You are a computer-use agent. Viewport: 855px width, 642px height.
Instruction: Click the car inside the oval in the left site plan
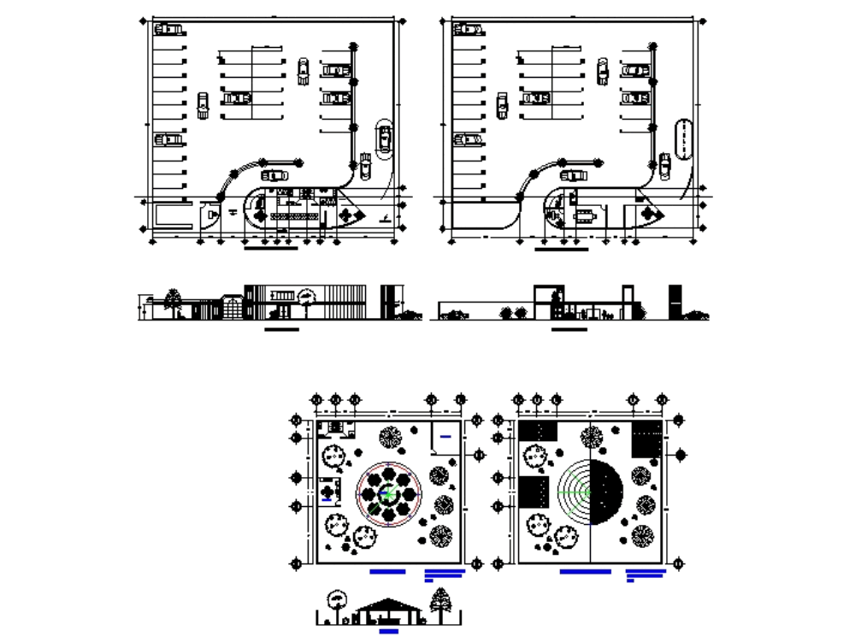385,137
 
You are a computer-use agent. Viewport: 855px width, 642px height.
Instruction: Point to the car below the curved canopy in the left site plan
275,175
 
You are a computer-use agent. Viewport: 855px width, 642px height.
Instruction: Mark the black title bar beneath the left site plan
271,249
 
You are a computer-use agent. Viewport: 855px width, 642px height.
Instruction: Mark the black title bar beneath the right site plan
562,250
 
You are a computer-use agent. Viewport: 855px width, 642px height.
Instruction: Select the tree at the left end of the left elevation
174,300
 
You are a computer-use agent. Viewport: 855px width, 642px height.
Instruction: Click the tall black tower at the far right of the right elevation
675,302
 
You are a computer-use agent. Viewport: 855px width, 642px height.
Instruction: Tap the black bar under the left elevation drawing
282,328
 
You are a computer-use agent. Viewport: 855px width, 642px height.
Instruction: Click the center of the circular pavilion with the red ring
388,493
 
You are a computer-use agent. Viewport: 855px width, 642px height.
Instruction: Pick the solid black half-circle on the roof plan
607,493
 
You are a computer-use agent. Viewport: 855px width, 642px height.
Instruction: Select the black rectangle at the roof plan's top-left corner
538,431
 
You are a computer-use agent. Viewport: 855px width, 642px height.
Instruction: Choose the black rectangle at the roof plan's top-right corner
646,438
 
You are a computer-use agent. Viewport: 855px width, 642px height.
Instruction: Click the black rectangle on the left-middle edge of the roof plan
534,493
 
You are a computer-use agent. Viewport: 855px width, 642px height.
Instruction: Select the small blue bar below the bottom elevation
388,632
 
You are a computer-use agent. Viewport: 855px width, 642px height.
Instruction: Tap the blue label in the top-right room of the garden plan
445,437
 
